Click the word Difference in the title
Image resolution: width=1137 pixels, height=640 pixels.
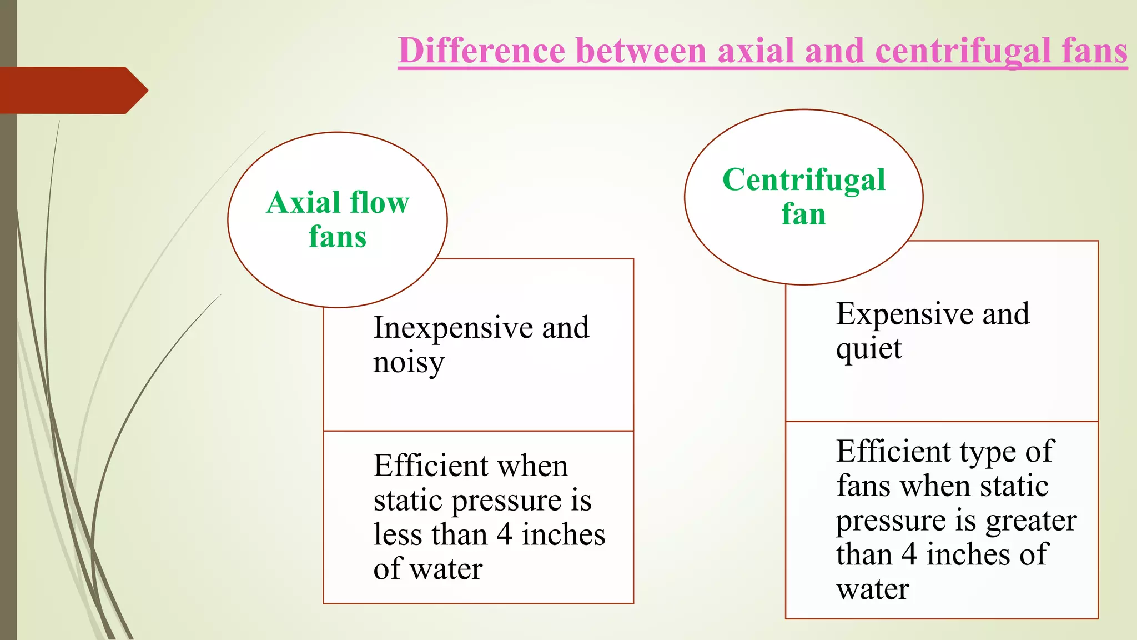482,51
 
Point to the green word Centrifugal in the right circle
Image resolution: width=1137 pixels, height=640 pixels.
803,180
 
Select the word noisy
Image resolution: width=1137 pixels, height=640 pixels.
409,363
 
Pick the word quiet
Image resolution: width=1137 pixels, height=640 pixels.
869,349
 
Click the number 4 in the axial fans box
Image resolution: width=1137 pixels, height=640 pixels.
504,534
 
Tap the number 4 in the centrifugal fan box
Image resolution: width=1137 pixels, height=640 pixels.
909,554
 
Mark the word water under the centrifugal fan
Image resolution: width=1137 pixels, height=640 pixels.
872,589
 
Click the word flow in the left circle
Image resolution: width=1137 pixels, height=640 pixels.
379,202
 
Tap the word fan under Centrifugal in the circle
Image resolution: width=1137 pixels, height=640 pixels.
803,214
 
